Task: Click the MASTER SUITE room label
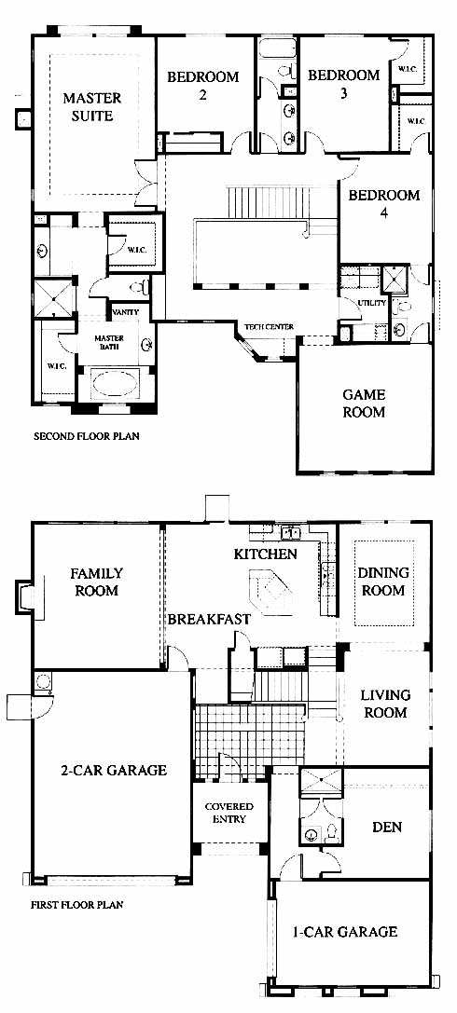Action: coord(91,107)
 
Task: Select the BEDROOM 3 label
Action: coord(343,84)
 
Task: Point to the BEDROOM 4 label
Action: coord(384,204)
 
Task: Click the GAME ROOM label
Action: coord(364,404)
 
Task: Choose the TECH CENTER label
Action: coord(269,327)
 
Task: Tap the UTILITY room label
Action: coord(371,302)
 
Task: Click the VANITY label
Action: coord(125,312)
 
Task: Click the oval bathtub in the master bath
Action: coord(116,382)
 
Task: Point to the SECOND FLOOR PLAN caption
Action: coord(86,436)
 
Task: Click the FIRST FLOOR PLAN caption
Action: coord(76,905)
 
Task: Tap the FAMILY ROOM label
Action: coord(97,582)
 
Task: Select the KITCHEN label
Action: coord(266,554)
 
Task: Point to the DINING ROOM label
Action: coord(383,582)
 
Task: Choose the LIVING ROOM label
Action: coord(385,705)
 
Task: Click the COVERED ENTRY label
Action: coord(228,813)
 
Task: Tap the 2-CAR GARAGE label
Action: coord(114,770)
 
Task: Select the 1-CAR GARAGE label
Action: coord(345,932)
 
